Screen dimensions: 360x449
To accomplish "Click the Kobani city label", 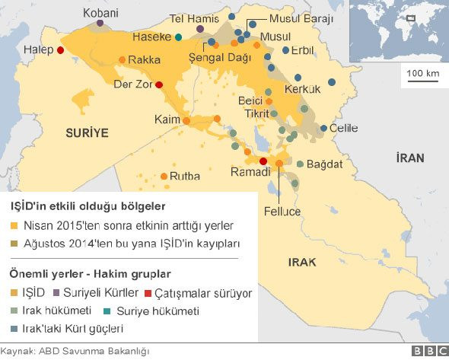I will pos(100,13).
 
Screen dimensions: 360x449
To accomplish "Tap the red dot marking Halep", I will pos(60,51).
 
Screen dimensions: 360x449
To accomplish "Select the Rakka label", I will pos(144,59).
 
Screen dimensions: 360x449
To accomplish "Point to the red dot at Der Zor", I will pos(159,84).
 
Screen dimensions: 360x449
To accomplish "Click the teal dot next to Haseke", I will pos(178,37).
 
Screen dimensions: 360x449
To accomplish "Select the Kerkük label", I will pos(303,89).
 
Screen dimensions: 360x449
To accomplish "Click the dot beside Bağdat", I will pos(301,164).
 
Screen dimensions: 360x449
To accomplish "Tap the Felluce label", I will pos(282,211).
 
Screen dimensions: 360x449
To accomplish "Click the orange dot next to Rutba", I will pos(164,176).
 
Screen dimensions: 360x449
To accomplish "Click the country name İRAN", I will pos(409,158).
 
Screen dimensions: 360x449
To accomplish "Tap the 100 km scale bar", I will pos(423,78).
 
